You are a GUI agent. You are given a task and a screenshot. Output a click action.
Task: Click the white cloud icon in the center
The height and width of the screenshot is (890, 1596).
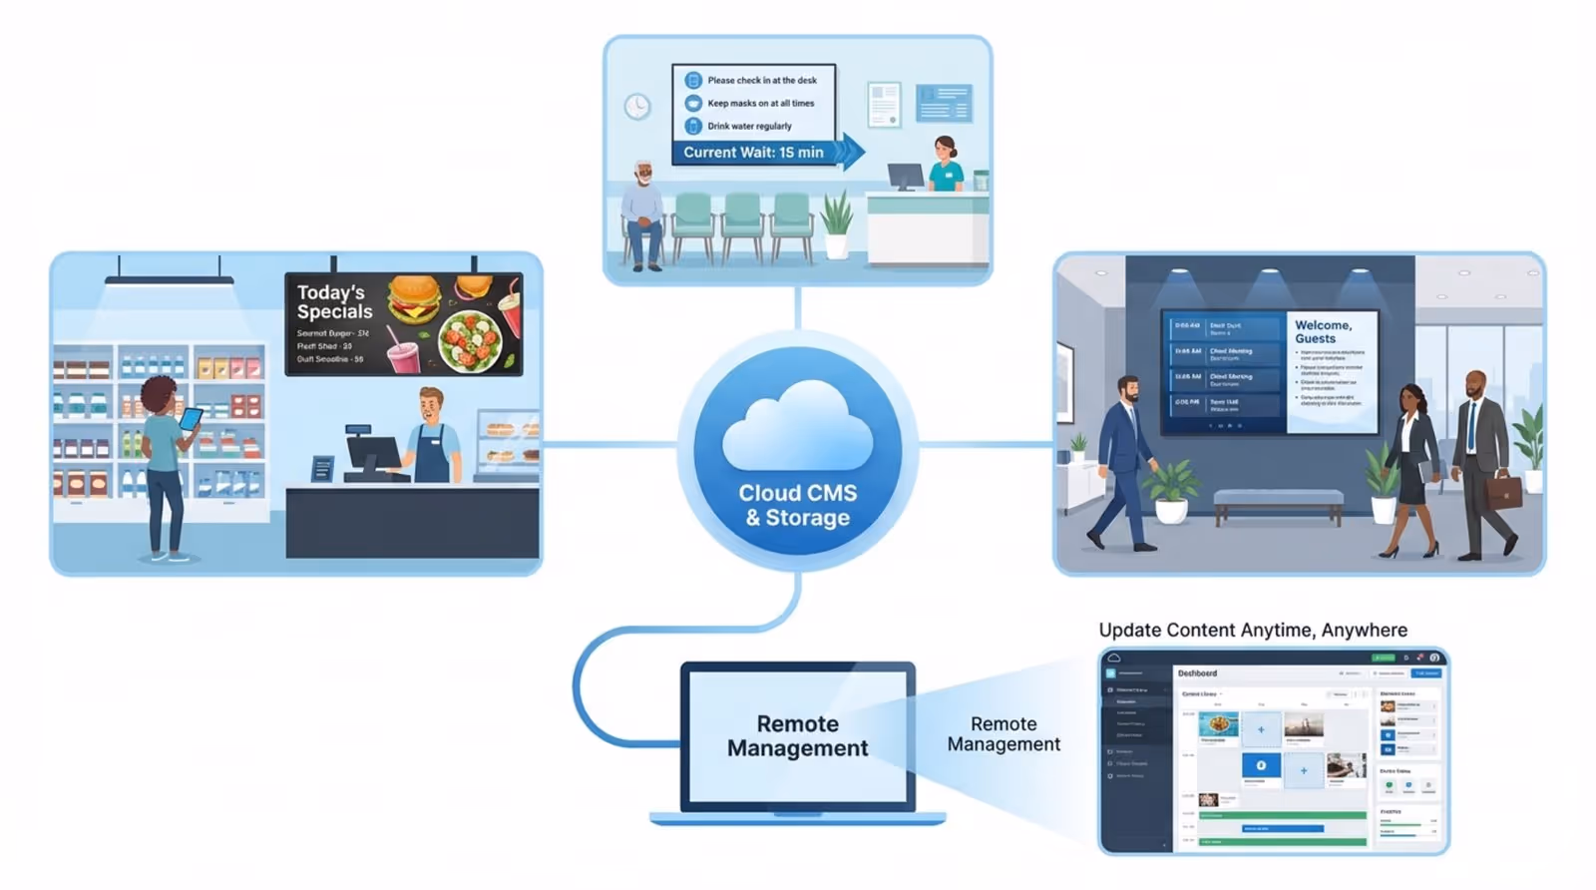[x=797, y=427]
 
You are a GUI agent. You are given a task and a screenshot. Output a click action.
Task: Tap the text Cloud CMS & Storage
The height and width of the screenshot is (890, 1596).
[x=797, y=505]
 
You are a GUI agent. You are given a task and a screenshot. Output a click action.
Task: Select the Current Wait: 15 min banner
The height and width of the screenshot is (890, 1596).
[x=754, y=153]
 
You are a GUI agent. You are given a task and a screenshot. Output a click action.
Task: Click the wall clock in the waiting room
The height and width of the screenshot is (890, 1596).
[x=637, y=106]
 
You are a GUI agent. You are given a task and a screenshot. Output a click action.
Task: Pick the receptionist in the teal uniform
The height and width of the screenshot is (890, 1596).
[x=946, y=165]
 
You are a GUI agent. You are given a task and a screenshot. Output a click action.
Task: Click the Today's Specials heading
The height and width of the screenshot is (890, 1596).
[x=333, y=301]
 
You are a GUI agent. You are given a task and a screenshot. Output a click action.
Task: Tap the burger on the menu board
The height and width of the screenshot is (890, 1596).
[x=414, y=298]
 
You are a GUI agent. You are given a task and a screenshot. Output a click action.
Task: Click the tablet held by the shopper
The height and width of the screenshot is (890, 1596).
[x=190, y=418]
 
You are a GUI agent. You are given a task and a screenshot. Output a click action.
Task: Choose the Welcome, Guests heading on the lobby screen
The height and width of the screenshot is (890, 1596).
[x=1323, y=331]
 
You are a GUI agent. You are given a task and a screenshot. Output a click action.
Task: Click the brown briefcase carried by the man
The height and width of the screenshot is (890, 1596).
[x=1506, y=491]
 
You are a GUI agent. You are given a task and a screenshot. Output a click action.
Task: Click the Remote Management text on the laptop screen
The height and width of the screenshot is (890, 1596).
[x=797, y=736]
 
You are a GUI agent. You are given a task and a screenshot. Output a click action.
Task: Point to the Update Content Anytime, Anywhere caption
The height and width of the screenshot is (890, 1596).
[x=1253, y=630]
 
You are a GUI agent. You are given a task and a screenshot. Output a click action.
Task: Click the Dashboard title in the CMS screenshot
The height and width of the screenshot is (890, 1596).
[x=1197, y=673]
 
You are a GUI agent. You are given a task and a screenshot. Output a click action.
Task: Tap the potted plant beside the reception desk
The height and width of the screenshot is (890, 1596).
[x=836, y=225]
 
